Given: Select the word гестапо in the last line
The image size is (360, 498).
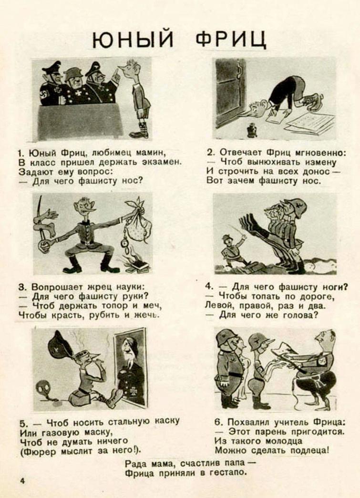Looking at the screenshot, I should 230,473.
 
